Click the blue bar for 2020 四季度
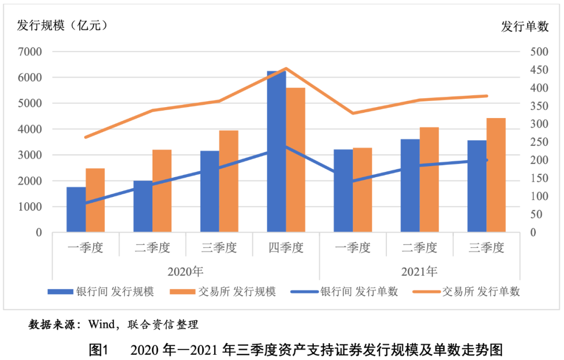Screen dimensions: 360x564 (276, 152)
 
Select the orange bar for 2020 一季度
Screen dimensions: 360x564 (95, 200)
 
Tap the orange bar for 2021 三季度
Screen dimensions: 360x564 (496, 175)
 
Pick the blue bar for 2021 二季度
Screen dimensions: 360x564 (410, 185)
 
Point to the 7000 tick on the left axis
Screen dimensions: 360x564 (31, 52)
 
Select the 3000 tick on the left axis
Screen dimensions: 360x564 (31, 155)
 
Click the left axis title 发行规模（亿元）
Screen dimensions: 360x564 (62, 25)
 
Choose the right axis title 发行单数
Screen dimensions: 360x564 (525, 27)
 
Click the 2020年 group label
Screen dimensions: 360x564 (185, 272)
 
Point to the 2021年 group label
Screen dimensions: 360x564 (419, 272)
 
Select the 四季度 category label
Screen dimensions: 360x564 (286, 248)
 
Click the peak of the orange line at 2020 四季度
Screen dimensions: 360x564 (286, 68)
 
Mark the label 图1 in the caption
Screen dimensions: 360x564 (98, 349)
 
